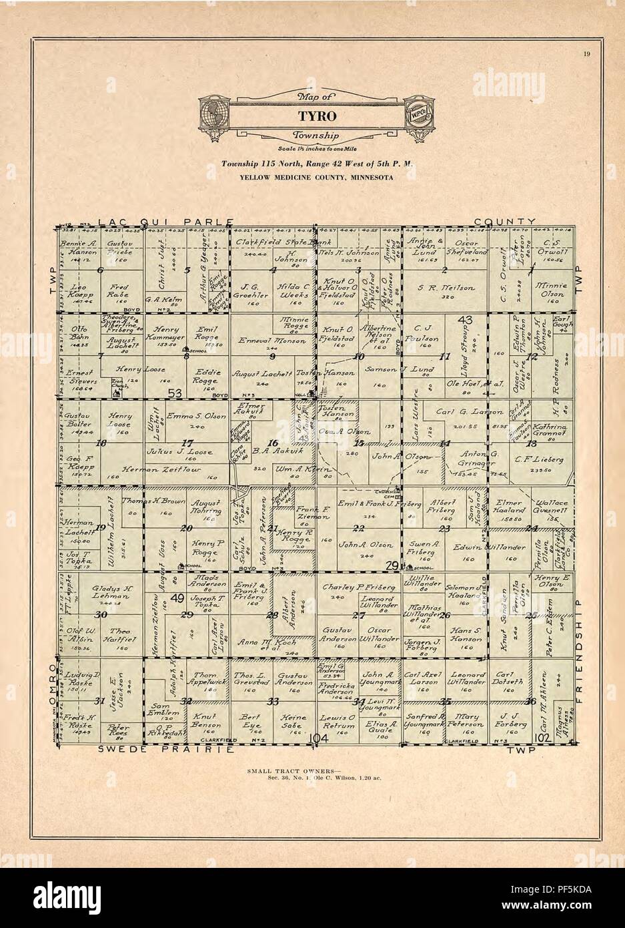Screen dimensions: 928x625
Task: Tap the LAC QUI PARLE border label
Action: coord(164,221)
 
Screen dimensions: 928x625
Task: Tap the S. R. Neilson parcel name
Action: coord(446,287)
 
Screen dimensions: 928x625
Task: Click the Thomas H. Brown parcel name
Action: coord(143,501)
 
